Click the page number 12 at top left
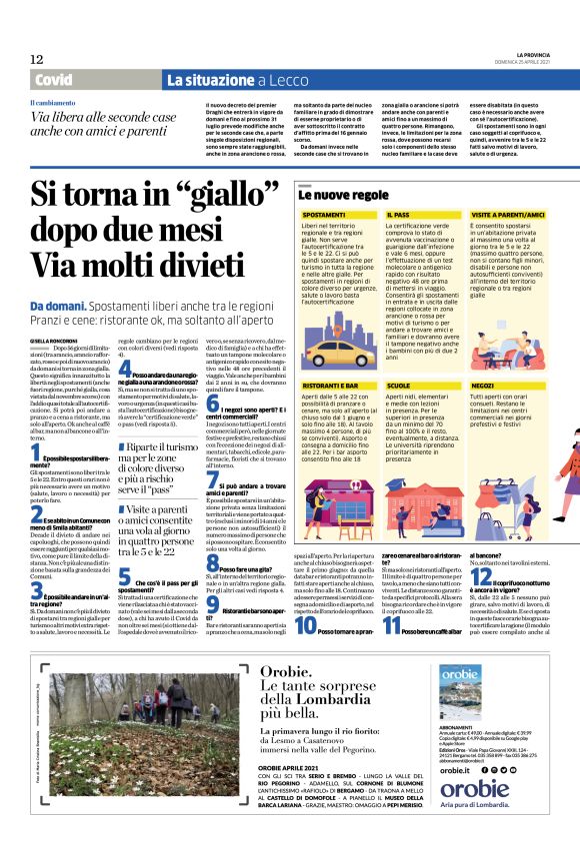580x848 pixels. click(37, 59)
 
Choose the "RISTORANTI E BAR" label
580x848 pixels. click(332, 384)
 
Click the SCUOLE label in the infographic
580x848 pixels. click(398, 384)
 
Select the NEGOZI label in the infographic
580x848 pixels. click(483, 384)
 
